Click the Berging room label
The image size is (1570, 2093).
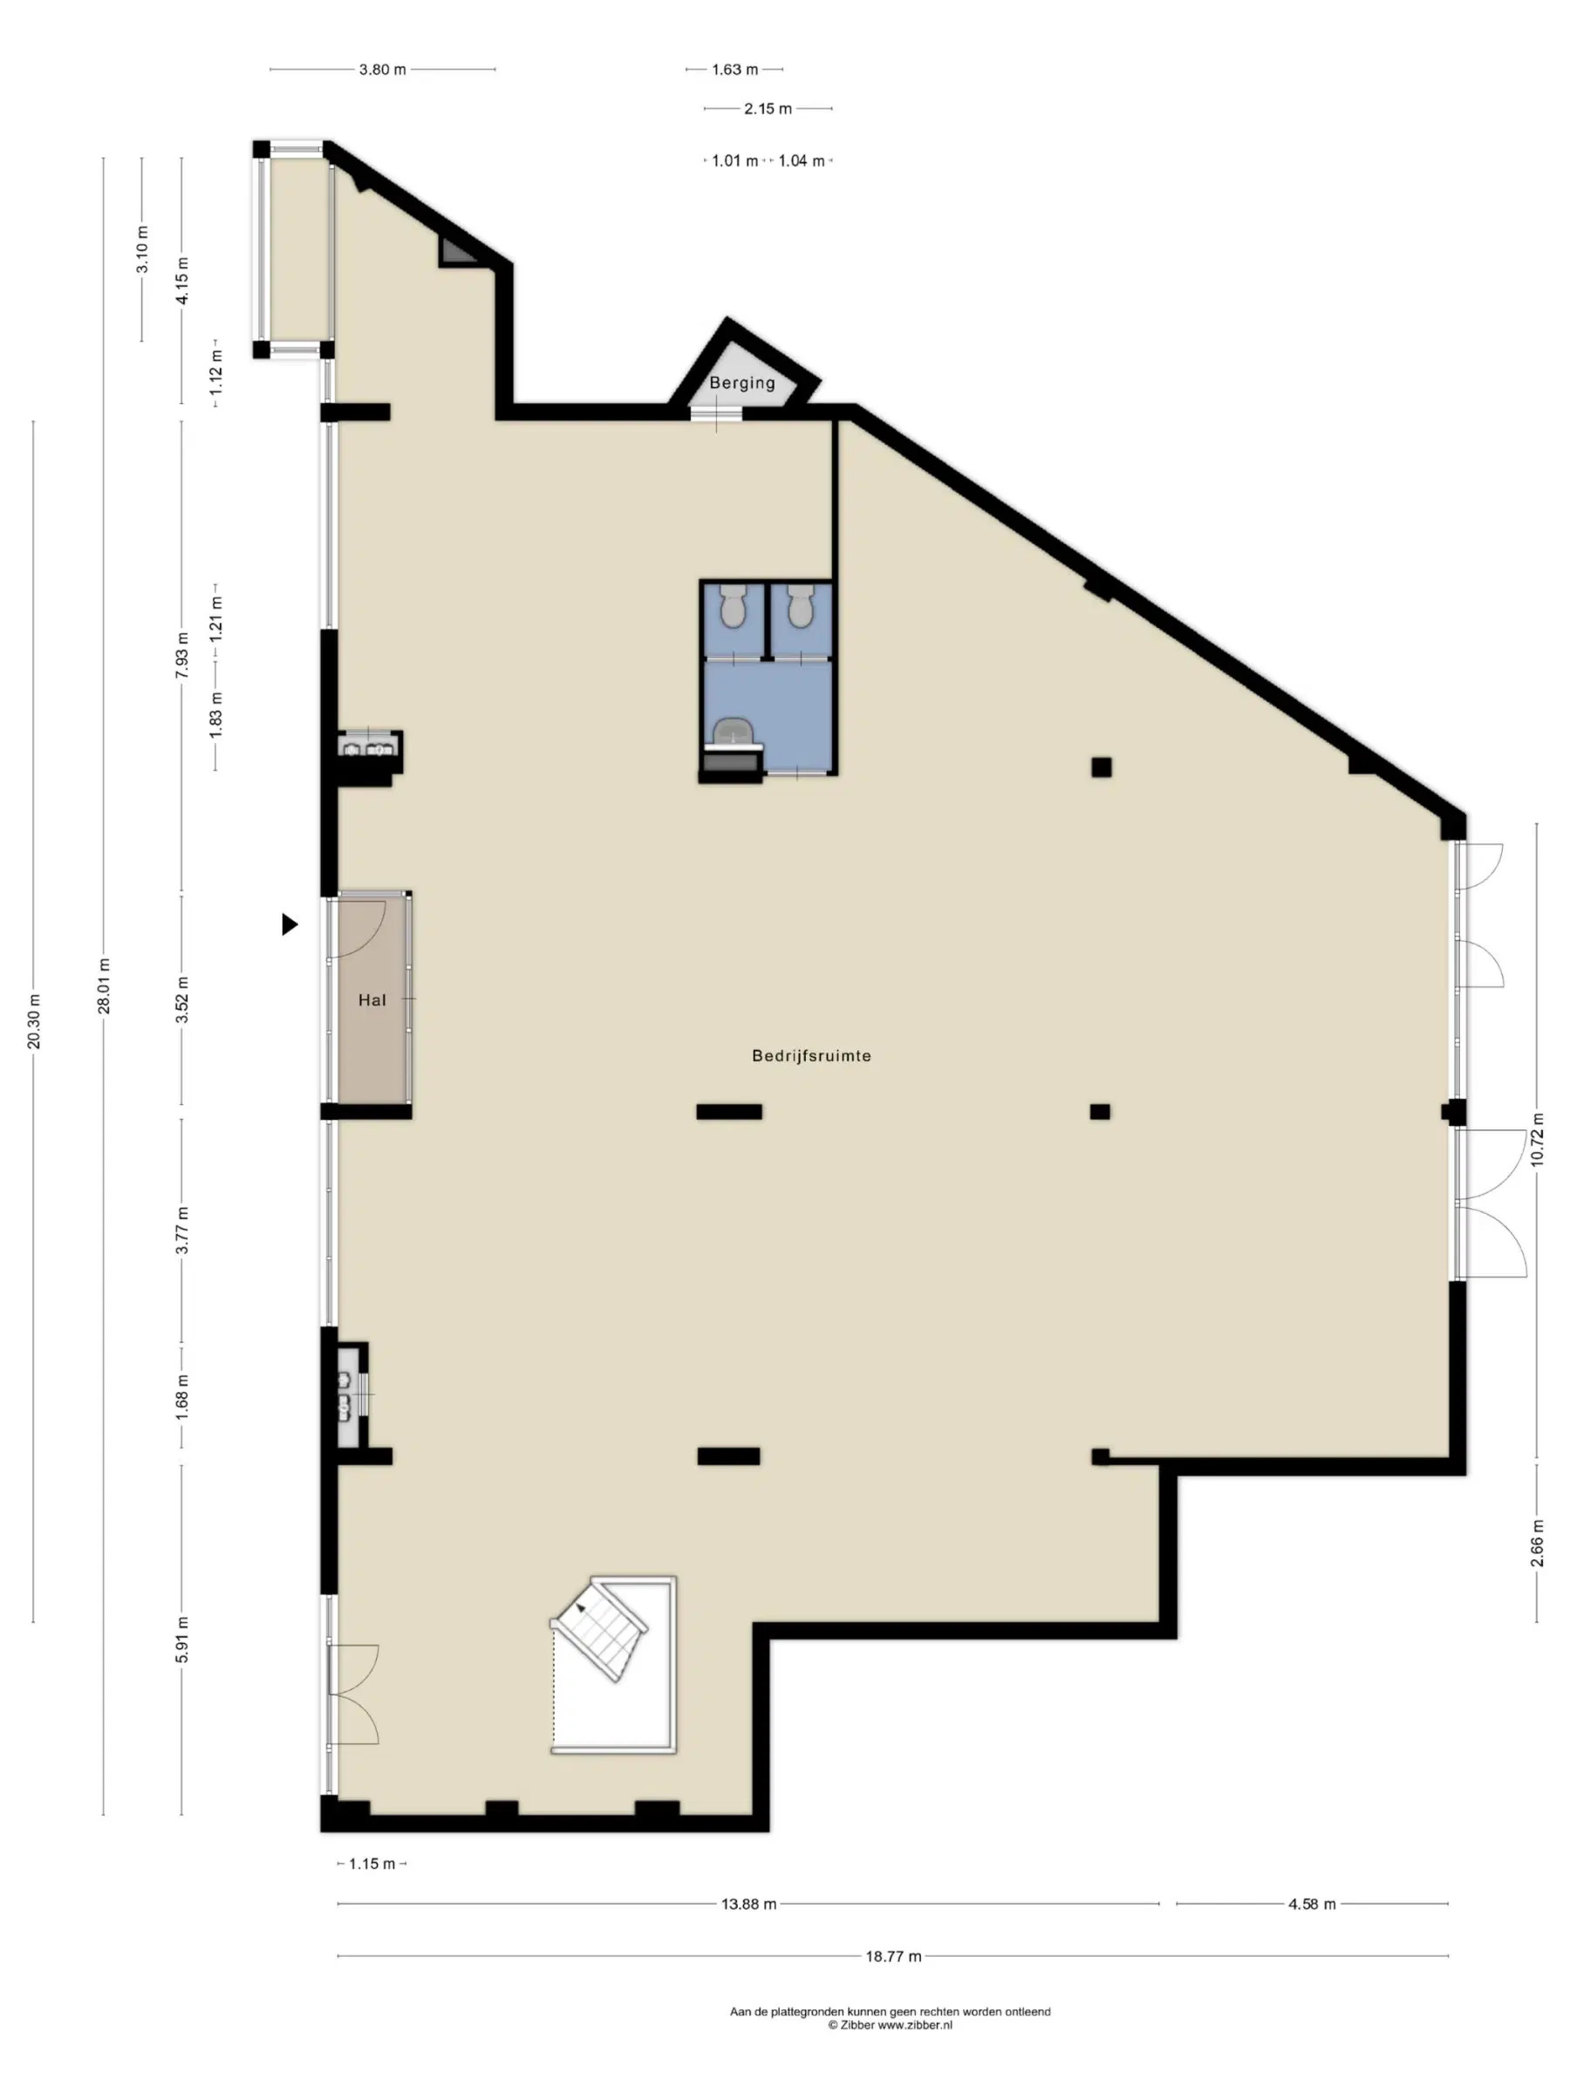click(x=742, y=383)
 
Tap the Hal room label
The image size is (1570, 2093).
click(x=372, y=1000)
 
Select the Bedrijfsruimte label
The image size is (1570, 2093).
click(x=811, y=1056)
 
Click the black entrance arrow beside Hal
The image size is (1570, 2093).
click(x=290, y=924)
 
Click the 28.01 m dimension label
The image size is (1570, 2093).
click(x=104, y=986)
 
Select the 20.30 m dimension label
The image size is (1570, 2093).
click(x=34, y=1022)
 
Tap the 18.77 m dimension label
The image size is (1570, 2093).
click(x=893, y=1956)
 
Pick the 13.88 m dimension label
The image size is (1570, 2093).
click(x=748, y=1904)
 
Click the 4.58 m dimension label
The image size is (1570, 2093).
click(x=1312, y=1904)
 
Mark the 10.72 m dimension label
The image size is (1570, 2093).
click(x=1537, y=1140)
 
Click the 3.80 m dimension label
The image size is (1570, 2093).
click(x=382, y=69)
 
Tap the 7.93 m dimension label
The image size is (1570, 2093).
click(x=182, y=655)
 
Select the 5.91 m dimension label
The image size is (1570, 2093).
click(x=182, y=1640)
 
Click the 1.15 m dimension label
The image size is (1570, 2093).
click(x=372, y=1864)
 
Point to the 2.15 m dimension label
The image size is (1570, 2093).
click(x=768, y=109)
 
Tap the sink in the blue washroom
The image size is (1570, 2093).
click(x=733, y=731)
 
